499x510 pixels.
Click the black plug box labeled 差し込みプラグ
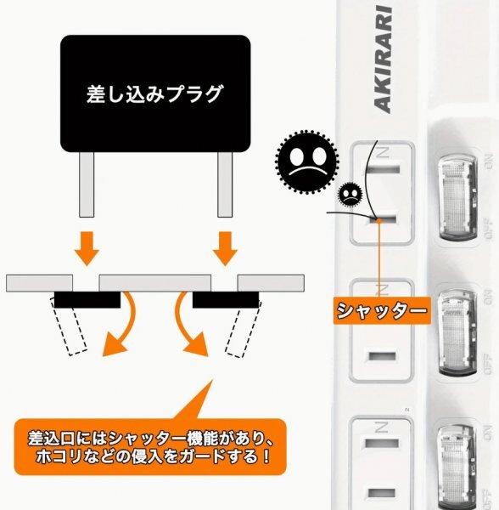154,93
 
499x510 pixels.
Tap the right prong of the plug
225,184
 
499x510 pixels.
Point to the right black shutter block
225,299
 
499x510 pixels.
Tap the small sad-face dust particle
350,195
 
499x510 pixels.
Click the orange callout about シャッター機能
149,448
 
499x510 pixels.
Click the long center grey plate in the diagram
154,282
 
